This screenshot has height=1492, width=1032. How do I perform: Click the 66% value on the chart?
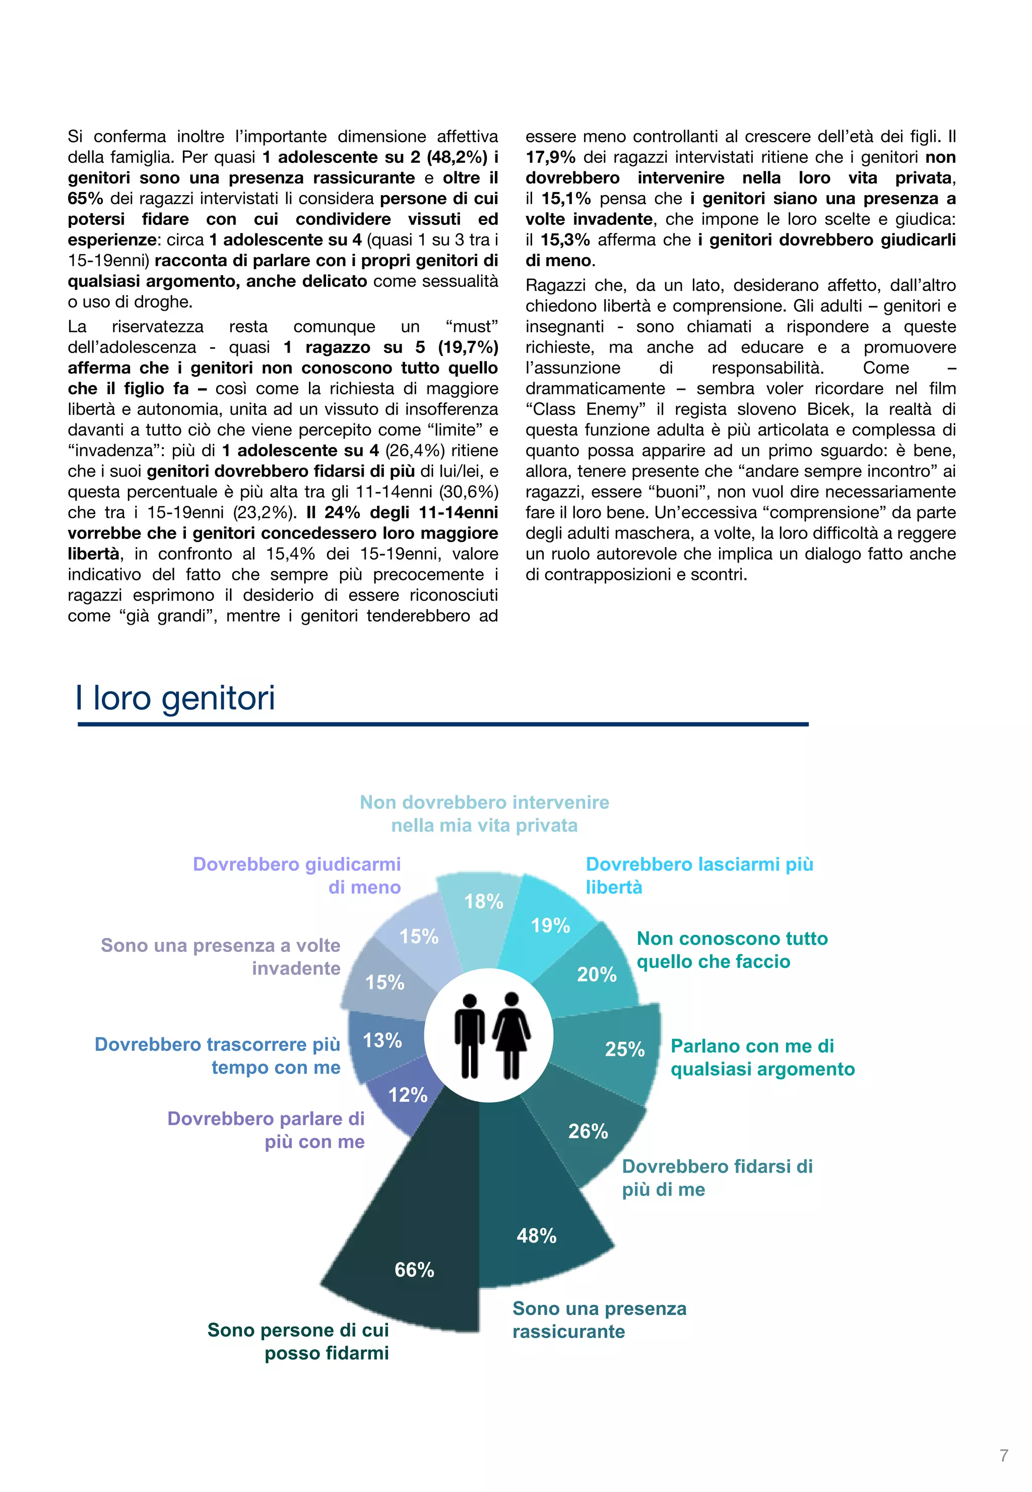[415, 1270]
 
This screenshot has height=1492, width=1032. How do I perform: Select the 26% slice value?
[588, 1131]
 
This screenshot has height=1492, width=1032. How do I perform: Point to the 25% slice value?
[625, 1049]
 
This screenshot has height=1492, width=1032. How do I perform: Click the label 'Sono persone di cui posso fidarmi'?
[298, 1341]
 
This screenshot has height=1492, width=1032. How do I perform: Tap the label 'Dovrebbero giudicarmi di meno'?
[297, 875]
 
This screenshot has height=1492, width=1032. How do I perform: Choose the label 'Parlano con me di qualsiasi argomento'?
[762, 1057]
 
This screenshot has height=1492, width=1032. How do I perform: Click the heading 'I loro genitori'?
[175, 698]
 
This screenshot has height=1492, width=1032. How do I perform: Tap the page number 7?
[1004, 1456]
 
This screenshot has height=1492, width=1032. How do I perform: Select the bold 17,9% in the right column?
[550, 157]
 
